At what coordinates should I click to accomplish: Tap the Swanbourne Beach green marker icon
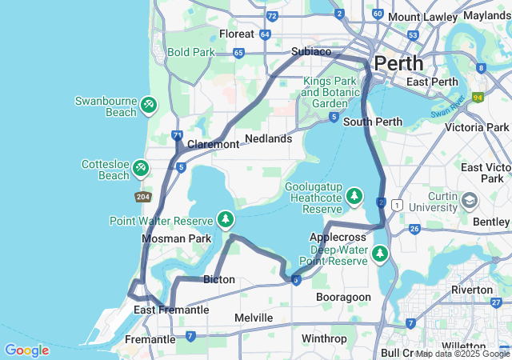148,105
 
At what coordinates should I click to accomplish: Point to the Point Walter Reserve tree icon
226,219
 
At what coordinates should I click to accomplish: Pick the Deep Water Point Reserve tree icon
380,254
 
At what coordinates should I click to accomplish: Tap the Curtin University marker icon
470,198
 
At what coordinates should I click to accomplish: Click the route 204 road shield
143,197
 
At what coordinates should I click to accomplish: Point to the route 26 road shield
414,229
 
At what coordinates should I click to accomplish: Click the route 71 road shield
177,135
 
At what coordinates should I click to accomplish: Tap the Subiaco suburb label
310,51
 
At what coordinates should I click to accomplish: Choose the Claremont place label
213,144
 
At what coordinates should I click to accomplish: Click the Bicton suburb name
219,279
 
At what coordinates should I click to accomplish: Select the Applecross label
333,237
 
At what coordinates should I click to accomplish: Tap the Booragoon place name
343,297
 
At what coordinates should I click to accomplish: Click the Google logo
26,350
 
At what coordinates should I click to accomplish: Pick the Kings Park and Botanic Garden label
331,92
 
